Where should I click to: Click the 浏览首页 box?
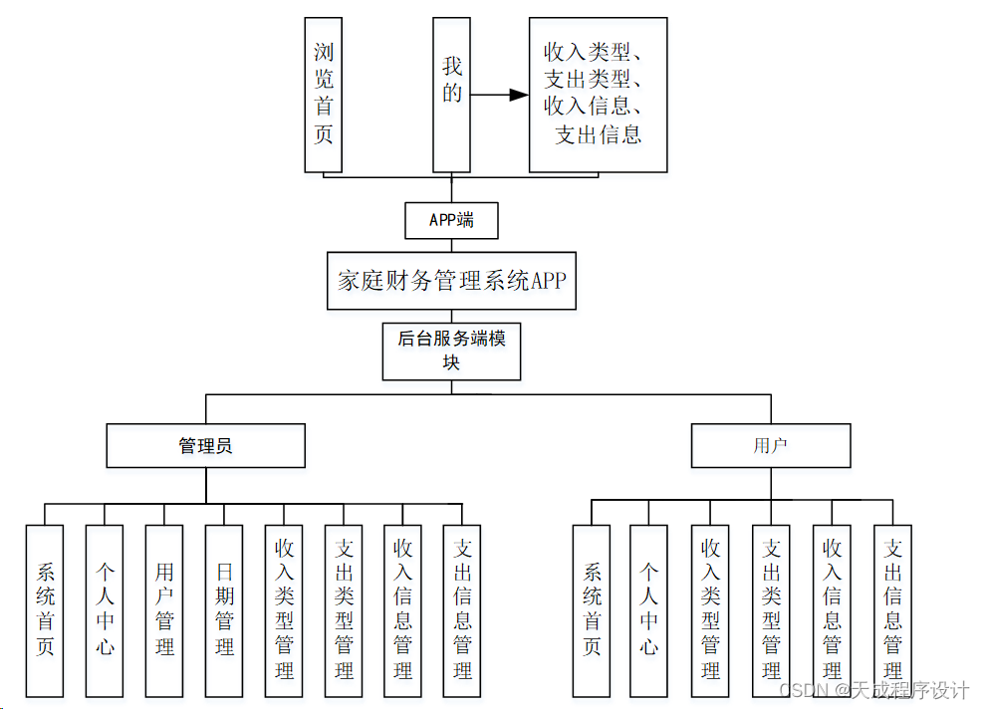coord(324,95)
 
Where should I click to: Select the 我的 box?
coord(451,95)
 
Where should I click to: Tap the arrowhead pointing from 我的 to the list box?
coord(517,95)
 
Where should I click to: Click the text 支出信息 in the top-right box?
coord(598,134)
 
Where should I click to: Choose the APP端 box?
coord(451,220)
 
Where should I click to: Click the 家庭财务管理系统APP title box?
coord(451,280)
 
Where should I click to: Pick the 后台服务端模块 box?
coord(451,351)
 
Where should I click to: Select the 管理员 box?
coord(205,446)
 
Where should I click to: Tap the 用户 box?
coord(771,446)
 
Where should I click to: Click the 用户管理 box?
coord(164,609)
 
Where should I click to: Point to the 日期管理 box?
coord(224,609)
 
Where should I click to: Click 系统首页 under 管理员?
coord(45,609)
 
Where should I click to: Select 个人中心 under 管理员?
coord(105,609)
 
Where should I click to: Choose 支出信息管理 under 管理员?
coord(462,609)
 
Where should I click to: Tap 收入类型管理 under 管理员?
coord(284,609)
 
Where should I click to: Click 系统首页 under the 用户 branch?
coord(592,609)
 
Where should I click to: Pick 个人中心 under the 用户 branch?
coord(648,609)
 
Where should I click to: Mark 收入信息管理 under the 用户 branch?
coord(832,609)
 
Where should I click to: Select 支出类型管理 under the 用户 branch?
coord(771,609)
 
